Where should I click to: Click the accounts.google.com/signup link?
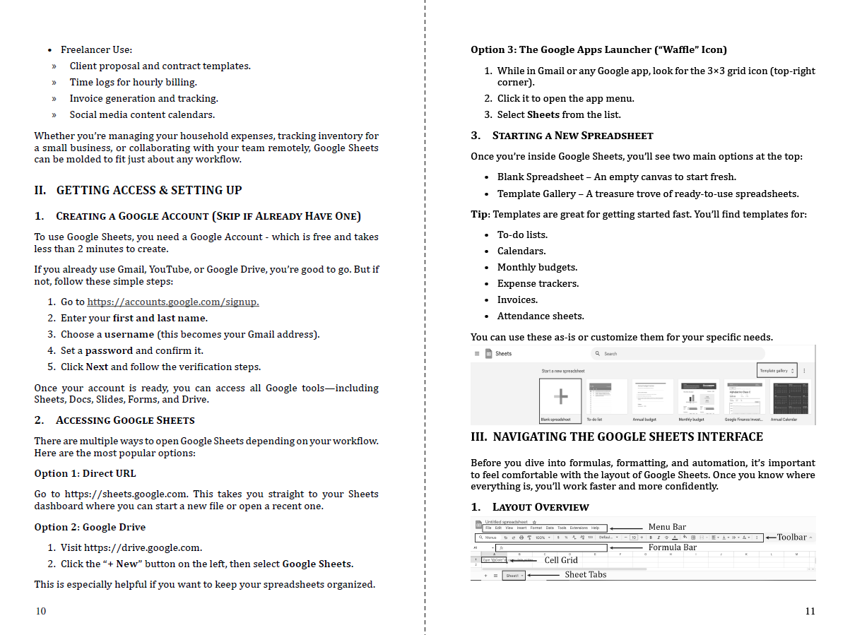172,302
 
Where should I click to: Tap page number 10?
41,611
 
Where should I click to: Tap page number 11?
810,611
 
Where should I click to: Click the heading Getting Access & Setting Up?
148,190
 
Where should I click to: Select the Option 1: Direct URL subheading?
85,473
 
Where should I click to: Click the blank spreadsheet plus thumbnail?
560,396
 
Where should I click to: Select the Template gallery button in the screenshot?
777,371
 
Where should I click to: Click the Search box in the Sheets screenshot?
677,353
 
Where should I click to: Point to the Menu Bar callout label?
667,527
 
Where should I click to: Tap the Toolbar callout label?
791,538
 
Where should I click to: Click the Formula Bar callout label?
672,547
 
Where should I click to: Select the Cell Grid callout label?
561,560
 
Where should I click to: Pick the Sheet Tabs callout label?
585,575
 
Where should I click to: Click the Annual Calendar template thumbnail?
791,398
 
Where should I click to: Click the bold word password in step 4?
109,350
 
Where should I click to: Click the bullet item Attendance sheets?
541,316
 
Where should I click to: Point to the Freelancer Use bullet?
96,49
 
